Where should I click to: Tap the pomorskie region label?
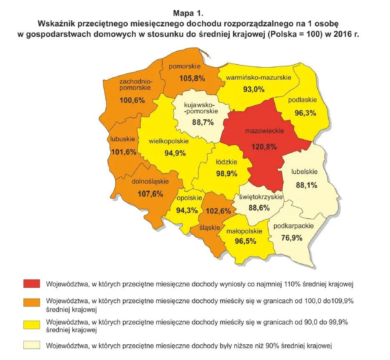tap(185, 67)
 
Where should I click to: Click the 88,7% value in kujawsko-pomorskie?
tap(203, 122)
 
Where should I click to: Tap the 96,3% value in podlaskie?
tap(302, 112)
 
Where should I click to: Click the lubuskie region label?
tap(123, 139)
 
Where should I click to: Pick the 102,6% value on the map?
tap(220, 211)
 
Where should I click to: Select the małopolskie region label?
tap(244, 231)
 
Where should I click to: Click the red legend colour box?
tap(31, 284)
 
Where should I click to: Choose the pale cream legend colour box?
tap(31, 345)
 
